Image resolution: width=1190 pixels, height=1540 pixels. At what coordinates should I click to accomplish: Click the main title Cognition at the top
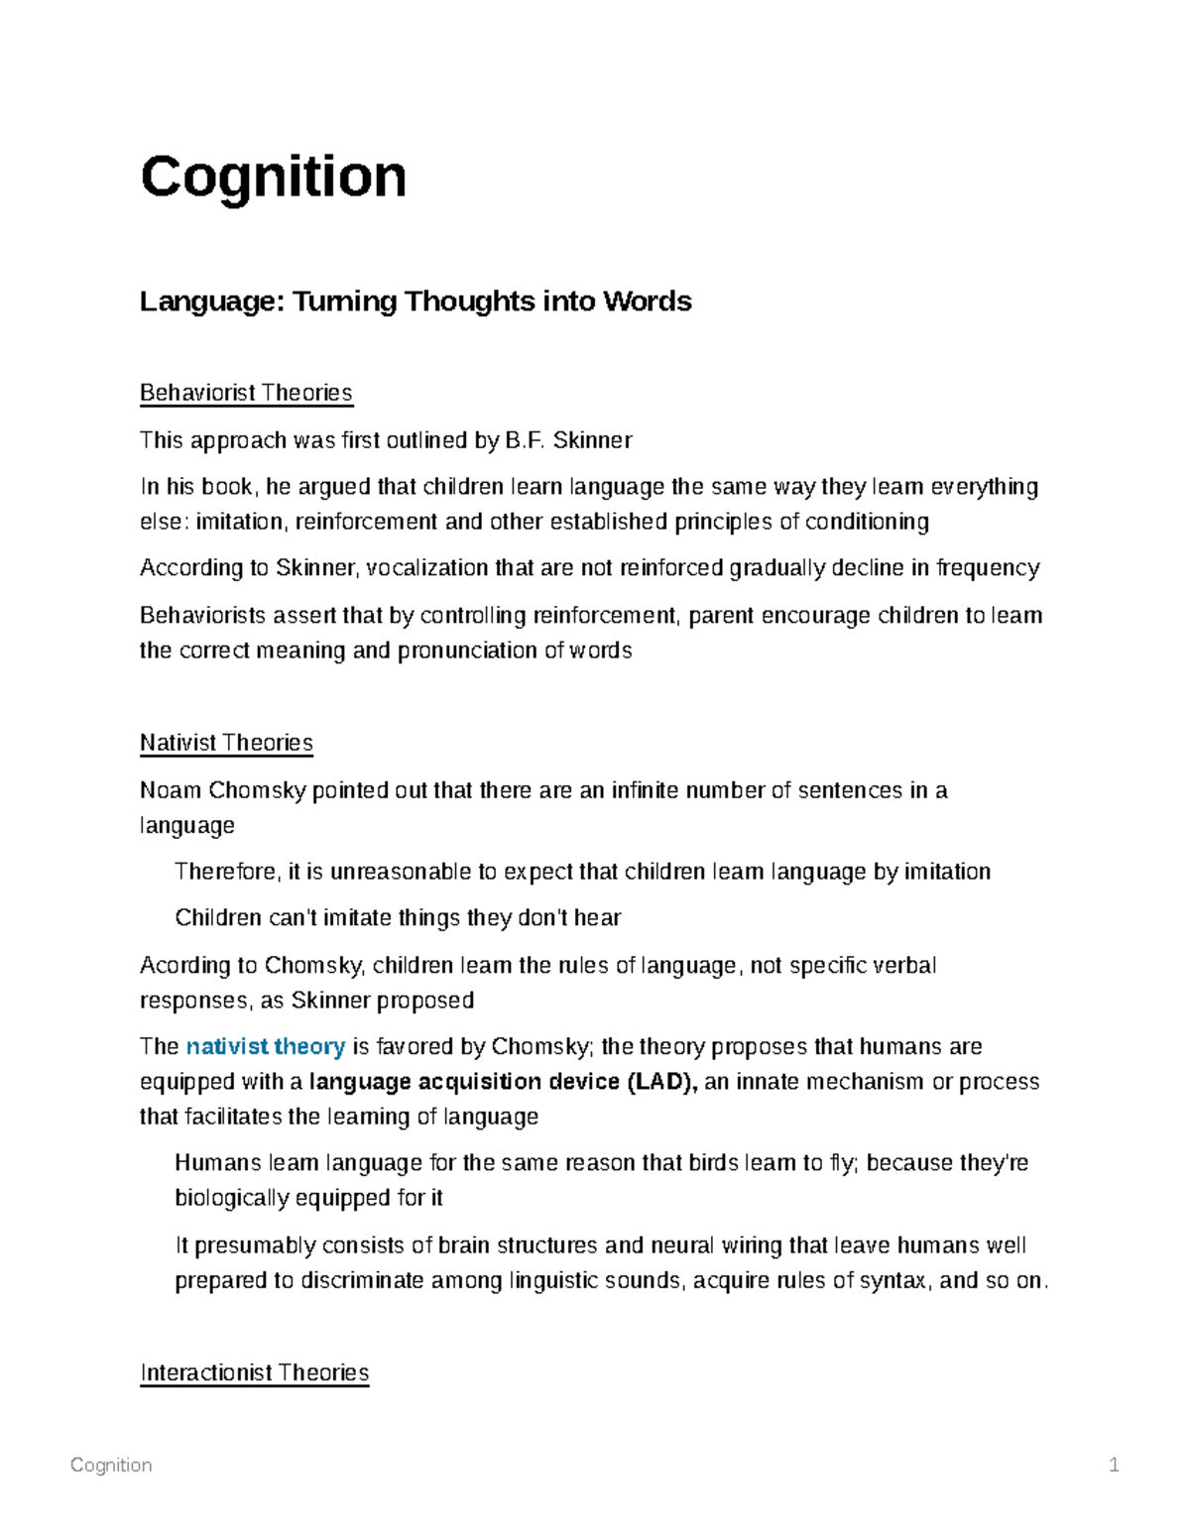pyautogui.click(x=274, y=177)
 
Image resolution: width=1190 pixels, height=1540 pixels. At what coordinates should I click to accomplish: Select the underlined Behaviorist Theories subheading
pyautogui.click(x=246, y=393)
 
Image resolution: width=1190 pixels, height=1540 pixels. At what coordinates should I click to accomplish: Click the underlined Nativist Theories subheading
pyautogui.click(x=226, y=743)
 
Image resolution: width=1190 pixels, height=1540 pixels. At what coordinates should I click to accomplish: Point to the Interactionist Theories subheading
pyautogui.click(x=255, y=1372)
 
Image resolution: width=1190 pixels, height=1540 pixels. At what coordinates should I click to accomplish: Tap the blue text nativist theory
pyautogui.click(x=266, y=1046)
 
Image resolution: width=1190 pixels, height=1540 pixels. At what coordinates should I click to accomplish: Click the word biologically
pyautogui.click(x=231, y=1198)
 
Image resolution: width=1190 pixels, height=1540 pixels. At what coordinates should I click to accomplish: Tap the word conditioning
pyautogui.click(x=867, y=522)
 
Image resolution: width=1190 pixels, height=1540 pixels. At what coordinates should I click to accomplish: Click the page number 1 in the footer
pyautogui.click(x=1114, y=1465)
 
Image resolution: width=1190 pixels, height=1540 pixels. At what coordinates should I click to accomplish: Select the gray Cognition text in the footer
pyautogui.click(x=111, y=1465)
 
